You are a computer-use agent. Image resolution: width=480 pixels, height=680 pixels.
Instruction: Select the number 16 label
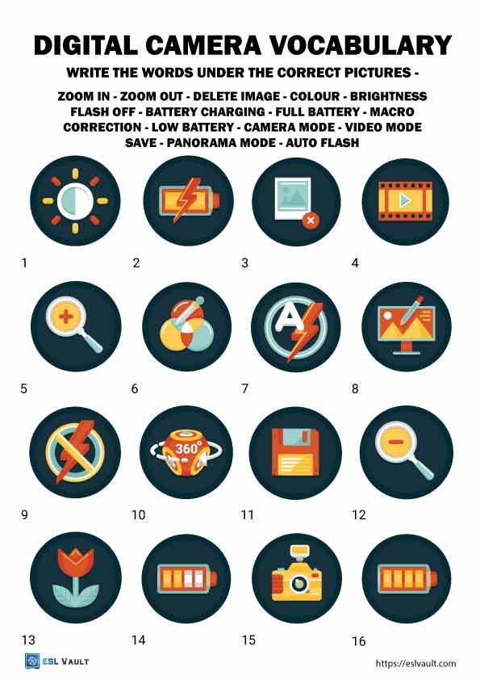pos(359,641)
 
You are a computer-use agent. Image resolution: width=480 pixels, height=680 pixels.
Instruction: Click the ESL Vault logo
pos(56,661)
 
